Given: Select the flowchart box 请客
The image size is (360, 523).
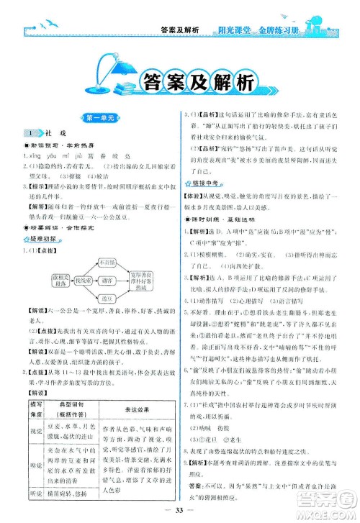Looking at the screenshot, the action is pos(104,281).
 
